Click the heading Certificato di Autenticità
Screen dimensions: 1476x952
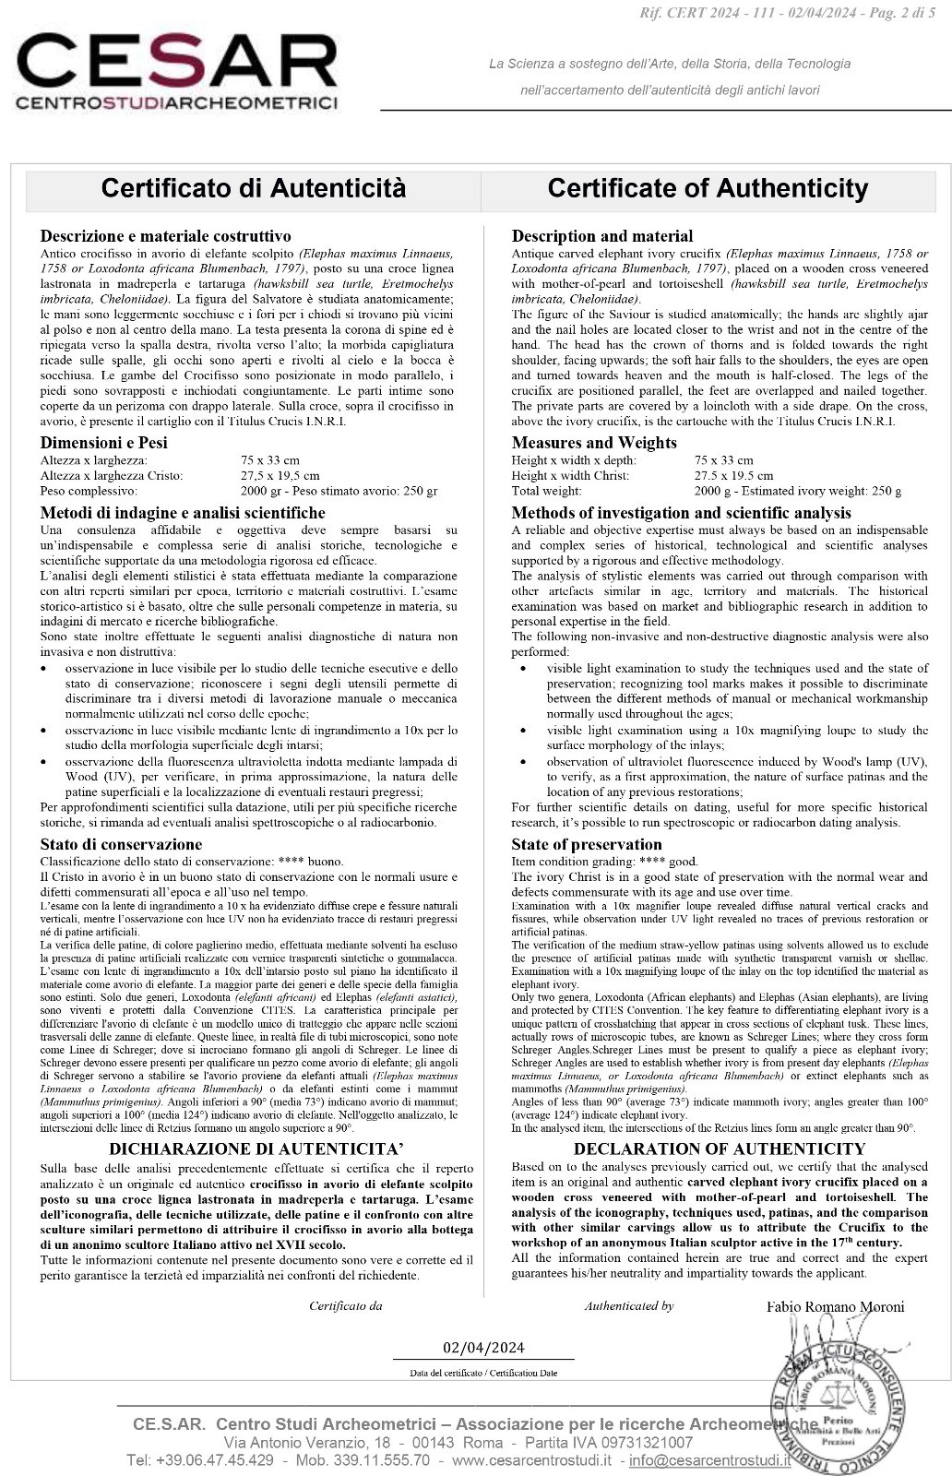click(x=253, y=188)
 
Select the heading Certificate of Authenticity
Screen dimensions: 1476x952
click(x=708, y=188)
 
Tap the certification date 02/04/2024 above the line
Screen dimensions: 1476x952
click(x=483, y=1347)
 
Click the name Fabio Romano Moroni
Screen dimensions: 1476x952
click(x=835, y=1306)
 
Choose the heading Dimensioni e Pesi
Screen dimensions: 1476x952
click(x=103, y=443)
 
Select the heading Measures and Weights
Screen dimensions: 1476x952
click(x=594, y=443)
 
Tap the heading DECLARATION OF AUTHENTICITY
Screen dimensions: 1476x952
click(x=720, y=1149)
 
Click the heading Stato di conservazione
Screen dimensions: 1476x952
click(x=121, y=844)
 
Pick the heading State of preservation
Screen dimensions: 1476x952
click(x=587, y=844)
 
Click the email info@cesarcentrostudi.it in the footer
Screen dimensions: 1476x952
click(x=709, y=1460)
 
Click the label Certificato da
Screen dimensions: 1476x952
click(x=345, y=1306)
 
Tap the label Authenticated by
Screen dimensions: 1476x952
click(x=628, y=1306)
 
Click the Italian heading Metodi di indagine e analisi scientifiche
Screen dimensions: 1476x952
click(x=183, y=513)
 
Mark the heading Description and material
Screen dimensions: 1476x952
click(x=602, y=236)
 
